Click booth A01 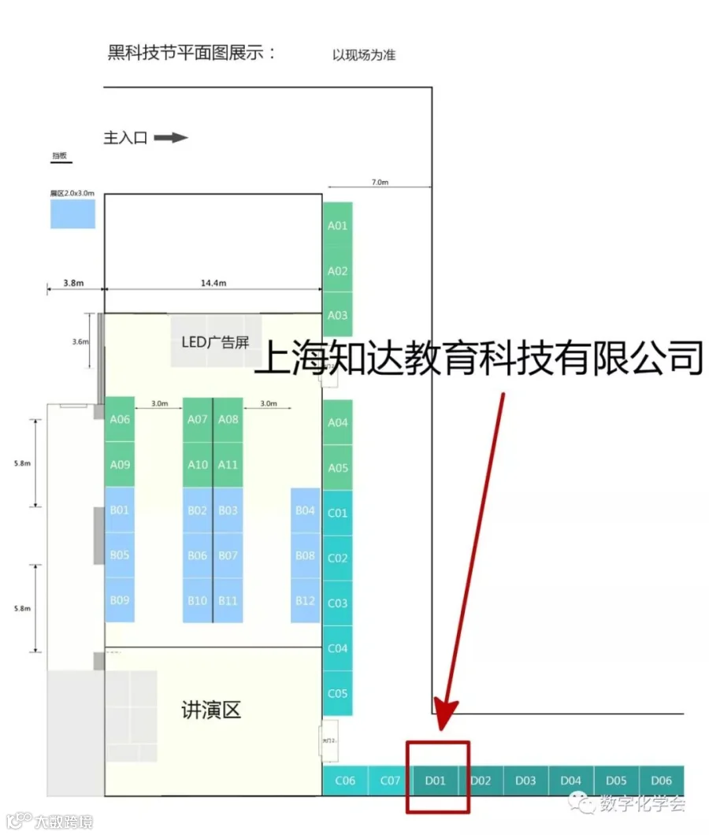[337, 225]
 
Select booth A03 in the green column [337, 315]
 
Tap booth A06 [120, 419]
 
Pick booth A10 [198, 465]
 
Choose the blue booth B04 [306, 510]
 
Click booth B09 [120, 600]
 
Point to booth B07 [228, 555]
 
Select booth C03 [337, 603]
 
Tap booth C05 [337, 694]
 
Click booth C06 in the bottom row [345, 781]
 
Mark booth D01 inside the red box [436, 781]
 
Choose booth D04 [570, 781]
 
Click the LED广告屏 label [215, 342]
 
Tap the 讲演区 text [210, 711]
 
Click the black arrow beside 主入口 [170, 138]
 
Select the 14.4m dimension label [213, 283]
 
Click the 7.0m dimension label [380, 182]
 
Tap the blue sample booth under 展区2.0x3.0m [72, 213]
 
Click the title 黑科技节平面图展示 [191, 53]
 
